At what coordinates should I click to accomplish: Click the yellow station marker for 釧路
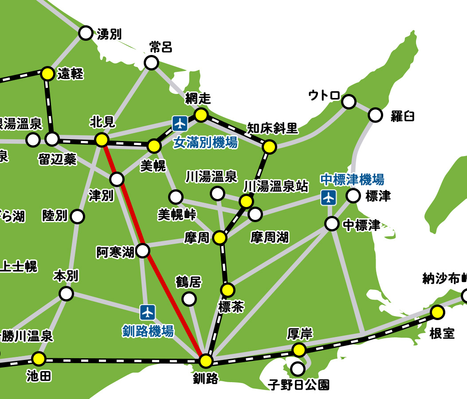[x=206, y=361]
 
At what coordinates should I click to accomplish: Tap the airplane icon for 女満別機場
[x=180, y=122]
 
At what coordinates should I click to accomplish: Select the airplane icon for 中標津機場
[x=328, y=197]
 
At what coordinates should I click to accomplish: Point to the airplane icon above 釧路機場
[x=147, y=312]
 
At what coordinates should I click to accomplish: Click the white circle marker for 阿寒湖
[x=143, y=251]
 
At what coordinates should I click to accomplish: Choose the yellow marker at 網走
[x=201, y=115]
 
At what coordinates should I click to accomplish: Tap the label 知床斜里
[x=272, y=129]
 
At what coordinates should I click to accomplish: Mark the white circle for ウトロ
[x=349, y=102]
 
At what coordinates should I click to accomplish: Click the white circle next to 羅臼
[x=375, y=115]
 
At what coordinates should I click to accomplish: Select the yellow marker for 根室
[x=437, y=313]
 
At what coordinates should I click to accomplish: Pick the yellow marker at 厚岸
[x=299, y=350]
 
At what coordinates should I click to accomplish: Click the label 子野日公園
[x=299, y=384]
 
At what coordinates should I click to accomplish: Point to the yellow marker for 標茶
[x=228, y=290]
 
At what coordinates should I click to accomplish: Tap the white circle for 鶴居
[x=189, y=299]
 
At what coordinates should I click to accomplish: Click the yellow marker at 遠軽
[x=48, y=74]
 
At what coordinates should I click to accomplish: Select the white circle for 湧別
[x=86, y=33]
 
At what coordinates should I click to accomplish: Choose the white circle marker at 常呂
[x=152, y=63]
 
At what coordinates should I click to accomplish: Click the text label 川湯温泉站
[x=276, y=186]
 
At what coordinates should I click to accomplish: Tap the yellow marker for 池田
[x=39, y=358]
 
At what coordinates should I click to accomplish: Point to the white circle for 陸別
[x=78, y=217]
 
